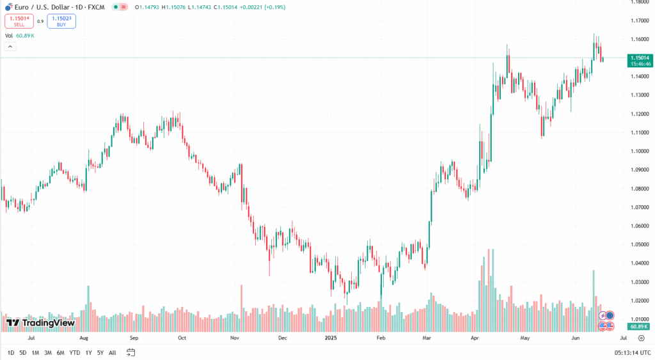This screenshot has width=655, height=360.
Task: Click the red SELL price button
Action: (x=19, y=21)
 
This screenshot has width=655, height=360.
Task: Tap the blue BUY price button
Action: (x=61, y=21)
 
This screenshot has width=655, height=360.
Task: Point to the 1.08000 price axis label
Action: (x=639, y=189)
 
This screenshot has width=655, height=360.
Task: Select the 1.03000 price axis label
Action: (x=639, y=282)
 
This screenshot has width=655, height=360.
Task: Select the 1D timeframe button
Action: (x=11, y=352)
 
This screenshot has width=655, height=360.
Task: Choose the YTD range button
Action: (x=74, y=352)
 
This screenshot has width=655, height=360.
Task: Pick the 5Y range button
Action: (x=100, y=352)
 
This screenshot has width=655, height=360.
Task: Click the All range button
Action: (x=113, y=352)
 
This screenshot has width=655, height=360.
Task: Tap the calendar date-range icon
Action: (x=131, y=352)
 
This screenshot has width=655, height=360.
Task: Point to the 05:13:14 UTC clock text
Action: (x=633, y=352)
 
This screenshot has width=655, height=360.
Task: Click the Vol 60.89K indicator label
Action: (x=20, y=36)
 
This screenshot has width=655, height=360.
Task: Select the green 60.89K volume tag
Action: (x=639, y=326)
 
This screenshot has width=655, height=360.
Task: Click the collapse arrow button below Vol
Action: (x=10, y=46)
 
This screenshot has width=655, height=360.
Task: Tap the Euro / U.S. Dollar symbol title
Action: (x=45, y=7)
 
